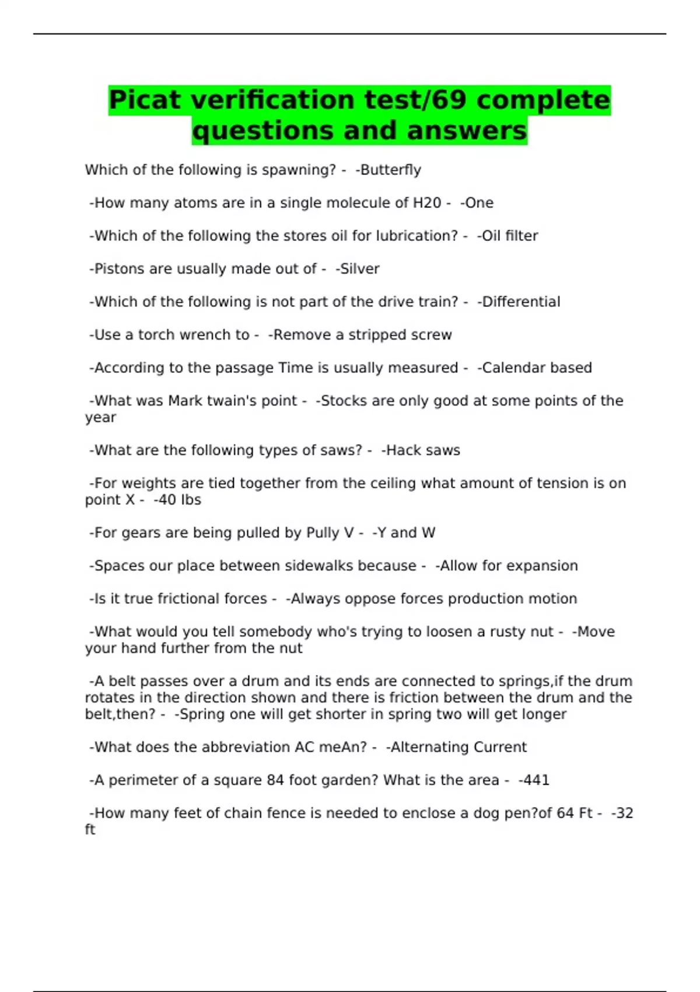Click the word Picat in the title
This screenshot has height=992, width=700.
(145, 100)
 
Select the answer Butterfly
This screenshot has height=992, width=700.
(390, 170)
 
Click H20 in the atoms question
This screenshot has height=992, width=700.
(427, 203)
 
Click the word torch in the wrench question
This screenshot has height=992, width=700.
(156, 335)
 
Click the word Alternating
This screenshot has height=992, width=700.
(429, 748)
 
